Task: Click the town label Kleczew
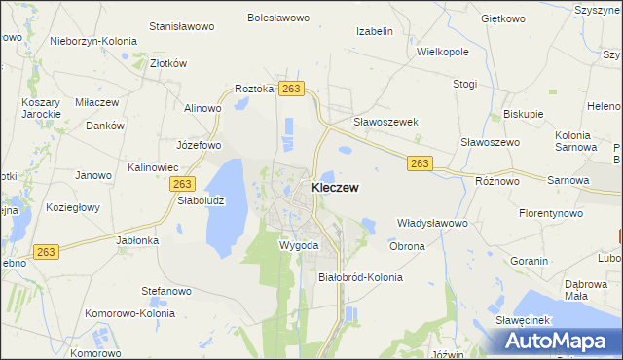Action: click(339, 187)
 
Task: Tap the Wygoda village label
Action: click(299, 245)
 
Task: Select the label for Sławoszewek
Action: click(385, 122)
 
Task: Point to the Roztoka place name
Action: click(254, 89)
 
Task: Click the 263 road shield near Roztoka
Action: click(291, 89)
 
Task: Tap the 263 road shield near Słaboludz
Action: click(182, 183)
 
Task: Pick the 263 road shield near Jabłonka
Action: click(44, 251)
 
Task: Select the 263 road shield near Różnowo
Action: click(420, 163)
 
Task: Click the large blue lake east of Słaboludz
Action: click(226, 209)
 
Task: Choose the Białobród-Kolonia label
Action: click(360, 277)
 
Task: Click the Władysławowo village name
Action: click(433, 223)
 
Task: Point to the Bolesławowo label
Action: click(278, 18)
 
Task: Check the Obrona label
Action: click(407, 246)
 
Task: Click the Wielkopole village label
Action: click(443, 51)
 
